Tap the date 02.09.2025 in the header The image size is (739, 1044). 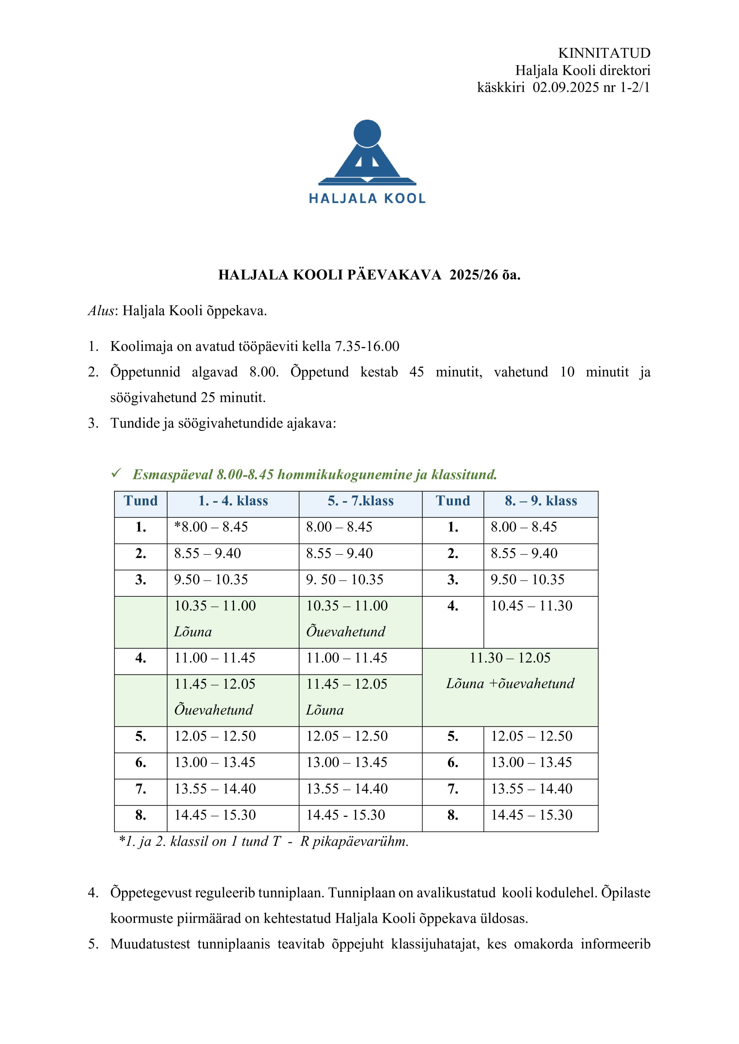point(566,87)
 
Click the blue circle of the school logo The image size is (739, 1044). point(367,133)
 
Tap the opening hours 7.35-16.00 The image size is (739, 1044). point(367,346)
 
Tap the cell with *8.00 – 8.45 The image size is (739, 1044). point(211,527)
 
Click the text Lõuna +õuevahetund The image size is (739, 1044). point(510,683)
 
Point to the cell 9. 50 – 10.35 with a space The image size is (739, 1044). point(344,580)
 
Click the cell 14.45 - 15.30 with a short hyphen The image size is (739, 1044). point(346,815)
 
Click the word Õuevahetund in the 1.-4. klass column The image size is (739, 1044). point(213,710)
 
